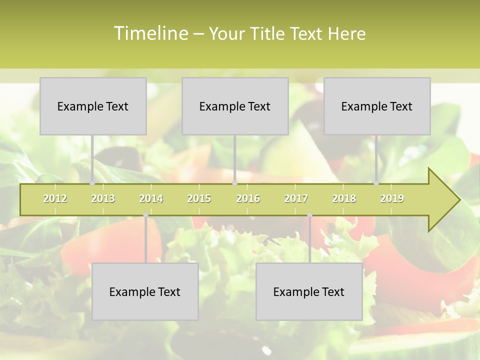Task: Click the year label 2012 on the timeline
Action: (x=55, y=198)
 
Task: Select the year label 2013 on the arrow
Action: (x=103, y=198)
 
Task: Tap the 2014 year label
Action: (x=151, y=198)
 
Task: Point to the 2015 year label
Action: (x=199, y=198)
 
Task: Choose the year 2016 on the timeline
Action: (x=248, y=198)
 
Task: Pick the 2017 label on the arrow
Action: (x=296, y=198)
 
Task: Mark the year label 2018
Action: (x=344, y=198)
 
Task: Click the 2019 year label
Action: (x=392, y=198)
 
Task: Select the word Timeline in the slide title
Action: (x=149, y=33)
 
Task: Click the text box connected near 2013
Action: (x=93, y=106)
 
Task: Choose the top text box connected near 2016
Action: (x=235, y=106)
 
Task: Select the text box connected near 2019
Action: (x=377, y=106)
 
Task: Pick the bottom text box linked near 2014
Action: (x=145, y=291)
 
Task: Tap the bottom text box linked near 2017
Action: (x=309, y=291)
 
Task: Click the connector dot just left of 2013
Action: (x=92, y=183)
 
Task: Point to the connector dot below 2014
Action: (x=145, y=215)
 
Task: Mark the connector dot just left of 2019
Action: (x=376, y=183)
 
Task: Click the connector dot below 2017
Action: (x=309, y=215)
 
